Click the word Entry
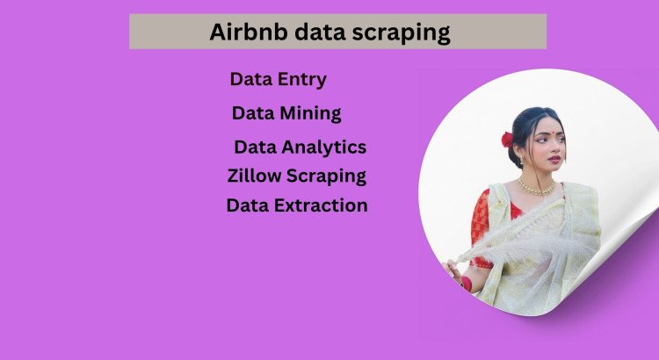[298, 80]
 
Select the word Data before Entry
[249, 80]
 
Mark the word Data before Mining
[251, 113]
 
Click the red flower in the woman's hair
[507, 140]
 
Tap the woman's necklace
[535, 186]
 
